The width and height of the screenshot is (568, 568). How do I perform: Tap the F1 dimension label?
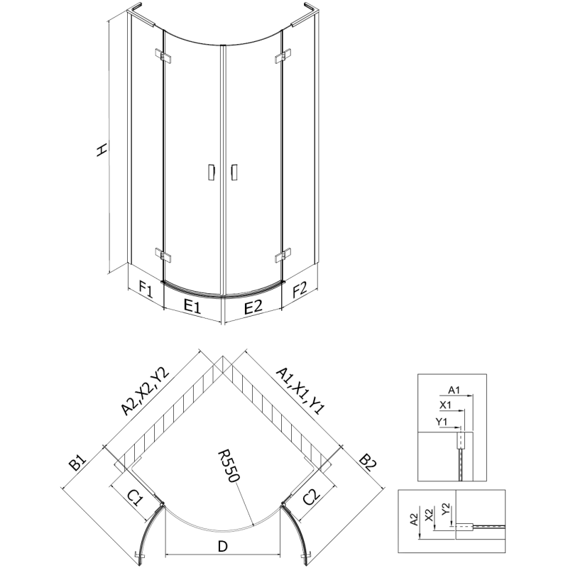146,289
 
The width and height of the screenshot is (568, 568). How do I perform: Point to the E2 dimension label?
253,307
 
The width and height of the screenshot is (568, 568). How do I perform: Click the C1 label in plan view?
136,498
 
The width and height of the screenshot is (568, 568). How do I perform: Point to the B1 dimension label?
77,466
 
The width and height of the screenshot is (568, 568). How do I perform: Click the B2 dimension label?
368,465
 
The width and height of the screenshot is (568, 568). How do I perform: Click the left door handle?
211,173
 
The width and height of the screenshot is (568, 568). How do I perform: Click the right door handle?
232,173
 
